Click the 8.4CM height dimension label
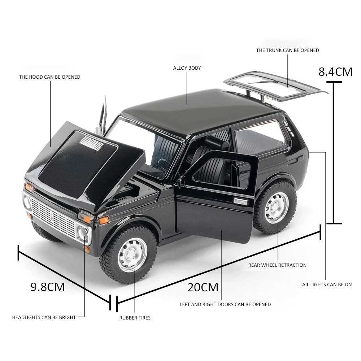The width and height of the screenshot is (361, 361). coord(335,71)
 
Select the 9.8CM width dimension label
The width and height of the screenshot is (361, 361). coord(48,287)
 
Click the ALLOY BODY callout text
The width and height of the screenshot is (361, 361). coord(187,68)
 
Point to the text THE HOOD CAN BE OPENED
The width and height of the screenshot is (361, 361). coord(50,77)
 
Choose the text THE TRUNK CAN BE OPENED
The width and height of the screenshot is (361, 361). coord(288,50)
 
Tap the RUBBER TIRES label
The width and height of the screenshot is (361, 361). coord(135,318)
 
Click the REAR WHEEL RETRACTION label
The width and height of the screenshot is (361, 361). coord(277,265)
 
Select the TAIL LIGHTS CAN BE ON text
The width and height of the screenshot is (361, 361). coord(326,284)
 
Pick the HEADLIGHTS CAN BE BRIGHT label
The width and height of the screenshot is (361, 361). coord(44,317)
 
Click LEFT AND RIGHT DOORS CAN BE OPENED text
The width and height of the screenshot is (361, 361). coord(225,304)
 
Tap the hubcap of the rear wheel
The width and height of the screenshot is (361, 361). coord(276,207)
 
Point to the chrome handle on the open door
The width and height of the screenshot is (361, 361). coord(240,201)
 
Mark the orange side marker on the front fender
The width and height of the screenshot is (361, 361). coord(104,220)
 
